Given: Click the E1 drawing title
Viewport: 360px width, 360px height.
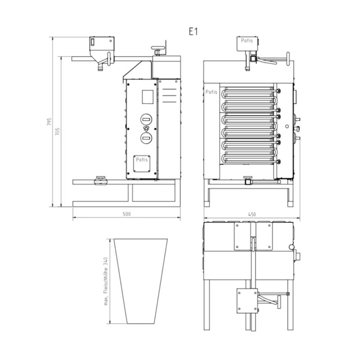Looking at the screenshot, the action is click(x=193, y=31).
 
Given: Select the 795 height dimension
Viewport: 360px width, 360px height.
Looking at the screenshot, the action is click(x=49, y=121).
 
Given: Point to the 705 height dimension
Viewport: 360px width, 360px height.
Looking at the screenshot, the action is click(x=58, y=131).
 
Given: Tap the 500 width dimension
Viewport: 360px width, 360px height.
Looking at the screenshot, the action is click(x=126, y=214).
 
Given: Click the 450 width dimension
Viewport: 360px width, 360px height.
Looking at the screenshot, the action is click(x=252, y=214).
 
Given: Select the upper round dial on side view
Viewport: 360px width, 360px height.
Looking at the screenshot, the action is click(x=146, y=119).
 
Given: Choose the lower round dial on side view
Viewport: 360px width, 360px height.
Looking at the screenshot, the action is click(x=146, y=138).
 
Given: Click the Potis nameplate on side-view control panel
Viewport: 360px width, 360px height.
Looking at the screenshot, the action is click(x=142, y=163).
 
